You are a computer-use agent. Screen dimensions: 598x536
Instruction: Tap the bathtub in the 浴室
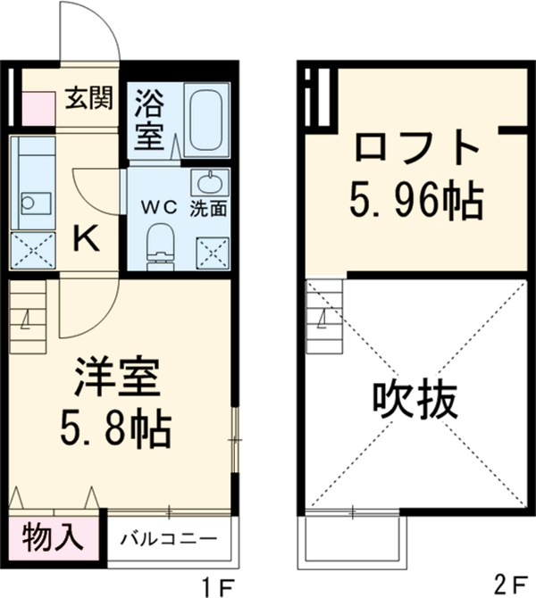pos(207,120)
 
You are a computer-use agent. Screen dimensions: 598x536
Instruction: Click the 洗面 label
pos(208,208)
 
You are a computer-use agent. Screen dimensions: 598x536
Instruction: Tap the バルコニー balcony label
pos(169,539)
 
